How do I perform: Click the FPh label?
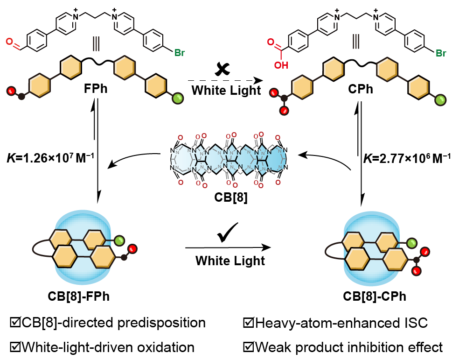(96, 89)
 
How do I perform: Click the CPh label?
(360, 89)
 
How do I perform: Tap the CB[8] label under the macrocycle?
(230, 198)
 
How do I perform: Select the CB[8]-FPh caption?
(78, 296)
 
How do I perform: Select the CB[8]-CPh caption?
(375, 296)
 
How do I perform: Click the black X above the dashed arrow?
(222, 69)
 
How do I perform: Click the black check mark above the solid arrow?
(228, 232)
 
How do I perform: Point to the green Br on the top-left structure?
(179, 53)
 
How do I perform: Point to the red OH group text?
(281, 65)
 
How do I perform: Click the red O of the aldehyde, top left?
(9, 42)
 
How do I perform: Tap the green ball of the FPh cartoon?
(178, 99)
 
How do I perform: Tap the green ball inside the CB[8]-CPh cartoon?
(411, 243)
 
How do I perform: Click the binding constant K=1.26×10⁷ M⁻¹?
(50, 158)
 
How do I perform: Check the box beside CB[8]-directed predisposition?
(15, 322)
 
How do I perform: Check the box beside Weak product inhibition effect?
(248, 347)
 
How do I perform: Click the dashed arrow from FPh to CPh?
(225, 80)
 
